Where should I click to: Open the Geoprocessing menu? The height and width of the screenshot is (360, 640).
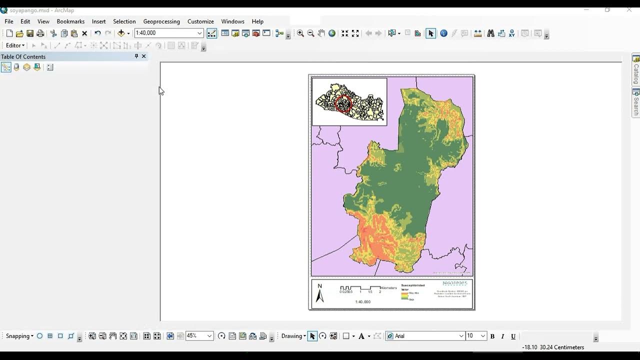[x=161, y=21]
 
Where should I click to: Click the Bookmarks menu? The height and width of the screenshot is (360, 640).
[x=70, y=21]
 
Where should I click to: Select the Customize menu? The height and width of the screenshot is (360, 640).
[x=200, y=21]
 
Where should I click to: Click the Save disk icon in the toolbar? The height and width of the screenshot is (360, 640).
[x=30, y=33]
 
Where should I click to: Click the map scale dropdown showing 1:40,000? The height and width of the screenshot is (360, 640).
[x=168, y=33]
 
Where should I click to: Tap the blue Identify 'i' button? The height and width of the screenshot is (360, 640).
[x=443, y=33]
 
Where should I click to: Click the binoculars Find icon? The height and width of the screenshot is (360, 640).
[x=490, y=33]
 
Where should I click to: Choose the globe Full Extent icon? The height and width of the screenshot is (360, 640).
[x=331, y=33]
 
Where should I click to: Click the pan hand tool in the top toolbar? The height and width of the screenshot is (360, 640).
[x=321, y=33]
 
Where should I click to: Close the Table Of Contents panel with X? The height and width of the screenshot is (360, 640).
[x=144, y=56]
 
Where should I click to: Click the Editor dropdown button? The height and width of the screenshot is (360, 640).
[x=15, y=45]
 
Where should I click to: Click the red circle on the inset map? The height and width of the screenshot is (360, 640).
[x=343, y=103]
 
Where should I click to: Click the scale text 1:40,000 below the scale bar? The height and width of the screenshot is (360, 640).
[x=362, y=302]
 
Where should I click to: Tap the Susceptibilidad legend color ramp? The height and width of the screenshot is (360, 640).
[x=404, y=295]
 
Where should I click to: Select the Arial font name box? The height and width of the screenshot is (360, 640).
[x=425, y=336]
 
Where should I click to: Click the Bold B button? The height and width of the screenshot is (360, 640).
[x=492, y=336]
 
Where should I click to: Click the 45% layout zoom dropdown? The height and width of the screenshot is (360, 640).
[x=199, y=336]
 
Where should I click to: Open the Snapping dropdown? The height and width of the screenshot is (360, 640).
[x=19, y=336]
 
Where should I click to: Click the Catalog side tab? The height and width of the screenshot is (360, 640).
[x=636, y=70]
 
